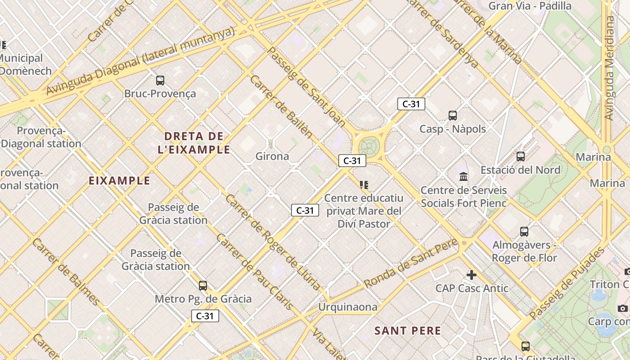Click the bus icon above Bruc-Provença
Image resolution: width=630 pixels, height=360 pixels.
pyautogui.click(x=160, y=81)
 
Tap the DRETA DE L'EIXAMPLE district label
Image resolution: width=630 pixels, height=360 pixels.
pyautogui.click(x=194, y=143)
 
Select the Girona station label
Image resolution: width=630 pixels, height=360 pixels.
pyautogui.click(x=272, y=156)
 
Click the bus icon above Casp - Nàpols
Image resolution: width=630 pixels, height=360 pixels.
pyautogui.click(x=453, y=116)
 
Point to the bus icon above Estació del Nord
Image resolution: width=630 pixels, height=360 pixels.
pyautogui.click(x=521, y=157)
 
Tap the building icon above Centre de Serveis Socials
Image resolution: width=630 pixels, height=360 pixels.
pyautogui.click(x=463, y=176)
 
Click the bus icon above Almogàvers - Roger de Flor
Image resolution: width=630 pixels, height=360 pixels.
pyautogui.click(x=524, y=232)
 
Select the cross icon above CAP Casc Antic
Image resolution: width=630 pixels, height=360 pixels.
pyautogui.click(x=472, y=274)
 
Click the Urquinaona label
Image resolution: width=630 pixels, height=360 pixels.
pyautogui.click(x=347, y=307)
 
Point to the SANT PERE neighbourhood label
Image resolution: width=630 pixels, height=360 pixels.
pyautogui.click(x=408, y=331)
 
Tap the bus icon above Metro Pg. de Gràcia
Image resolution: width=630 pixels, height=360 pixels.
pyautogui.click(x=203, y=286)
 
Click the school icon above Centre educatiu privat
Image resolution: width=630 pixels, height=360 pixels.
pyautogui.click(x=364, y=184)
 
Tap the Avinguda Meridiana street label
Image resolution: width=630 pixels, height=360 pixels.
pyautogui.click(x=609, y=67)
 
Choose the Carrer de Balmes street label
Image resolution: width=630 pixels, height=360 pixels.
pyautogui.click(x=65, y=272)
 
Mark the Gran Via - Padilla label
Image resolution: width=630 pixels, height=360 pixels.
pyautogui.click(x=530, y=6)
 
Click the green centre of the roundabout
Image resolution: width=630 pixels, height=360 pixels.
pyautogui.click(x=369, y=146)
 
